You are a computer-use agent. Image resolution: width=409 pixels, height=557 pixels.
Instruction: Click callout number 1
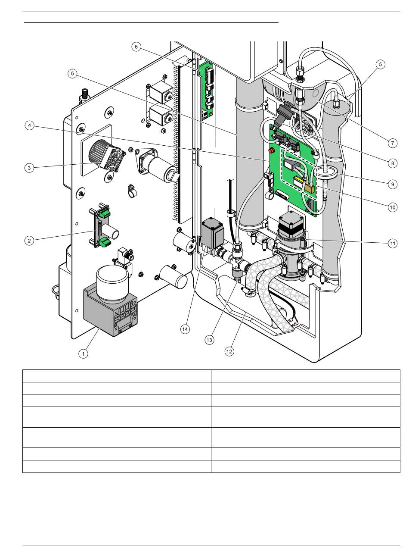[x=83, y=354]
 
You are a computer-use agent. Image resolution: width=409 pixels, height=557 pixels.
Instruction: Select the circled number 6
[x=136, y=47]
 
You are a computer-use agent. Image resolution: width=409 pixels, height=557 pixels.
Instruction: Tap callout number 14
[x=185, y=329]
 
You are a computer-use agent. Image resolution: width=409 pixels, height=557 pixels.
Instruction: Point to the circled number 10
[x=392, y=207]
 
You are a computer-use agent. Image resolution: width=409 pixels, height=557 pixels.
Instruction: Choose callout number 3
[x=29, y=168]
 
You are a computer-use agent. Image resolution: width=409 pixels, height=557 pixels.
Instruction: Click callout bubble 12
[x=229, y=351]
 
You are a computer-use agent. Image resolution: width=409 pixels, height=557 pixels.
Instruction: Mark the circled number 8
[x=392, y=163]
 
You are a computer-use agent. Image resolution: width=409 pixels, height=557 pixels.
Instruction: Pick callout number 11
[x=392, y=244]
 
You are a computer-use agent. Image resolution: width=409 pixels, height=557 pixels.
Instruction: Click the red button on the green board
[x=271, y=150]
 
